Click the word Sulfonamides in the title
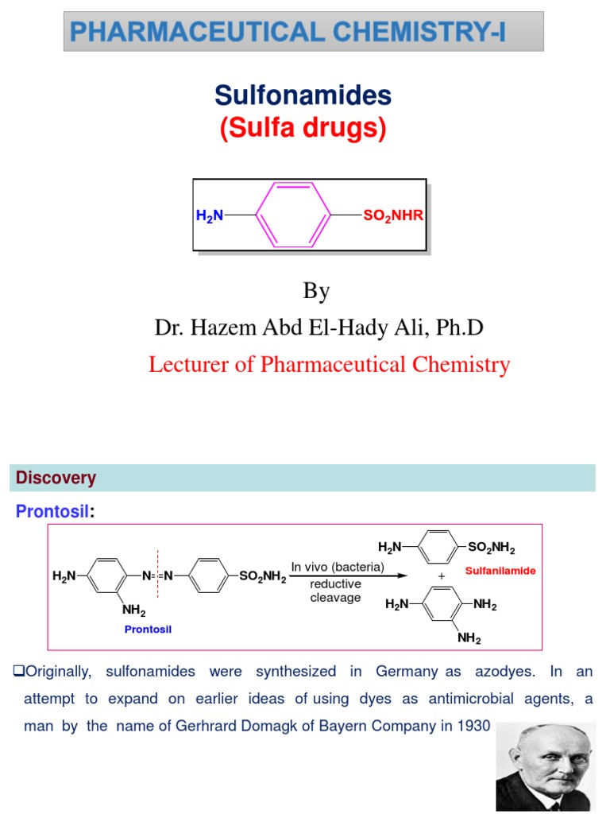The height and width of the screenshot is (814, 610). [303, 96]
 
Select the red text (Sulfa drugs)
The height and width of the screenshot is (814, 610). [303, 128]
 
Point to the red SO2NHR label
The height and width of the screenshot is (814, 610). [393, 215]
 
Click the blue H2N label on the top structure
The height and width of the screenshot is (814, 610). [210, 215]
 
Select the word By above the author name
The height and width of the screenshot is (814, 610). [316, 291]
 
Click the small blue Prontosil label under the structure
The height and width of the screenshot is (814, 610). [148, 629]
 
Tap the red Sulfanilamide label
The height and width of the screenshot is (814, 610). [500, 571]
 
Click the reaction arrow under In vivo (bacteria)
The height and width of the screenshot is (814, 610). [349, 576]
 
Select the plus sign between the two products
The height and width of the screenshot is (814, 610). [441, 576]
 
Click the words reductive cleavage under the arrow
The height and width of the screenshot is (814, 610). [335, 591]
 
